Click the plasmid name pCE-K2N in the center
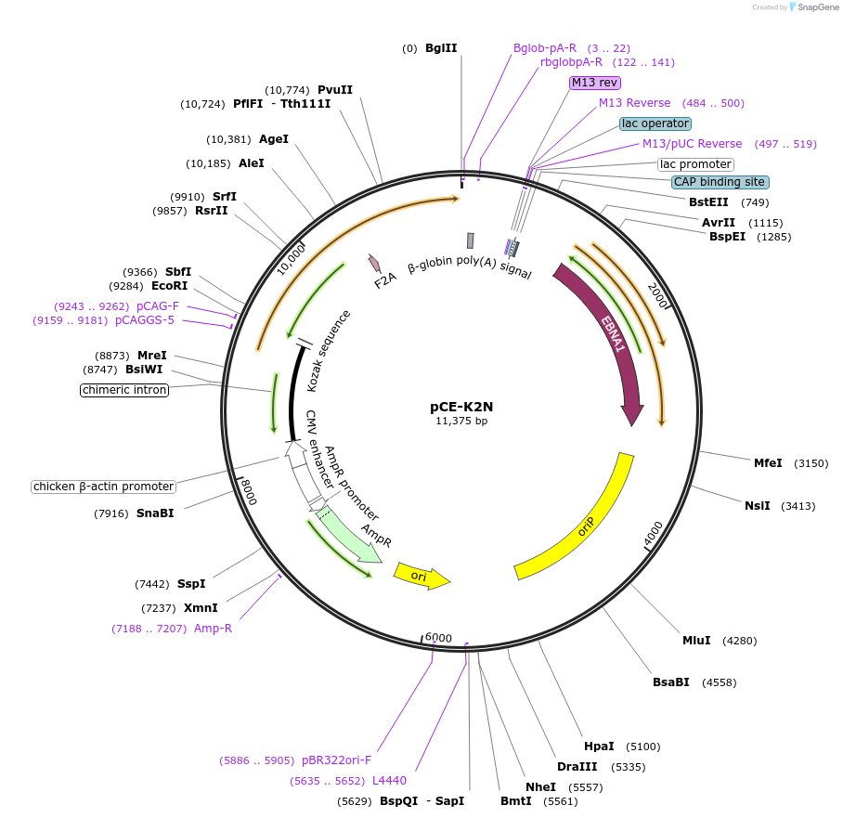click(x=460, y=407)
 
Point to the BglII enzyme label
click(x=441, y=48)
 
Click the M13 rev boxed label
click(x=595, y=83)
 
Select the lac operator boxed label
click(x=655, y=123)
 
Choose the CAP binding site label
click(x=720, y=182)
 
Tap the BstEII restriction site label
click(x=708, y=202)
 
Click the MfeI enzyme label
click(x=768, y=462)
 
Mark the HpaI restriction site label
click(x=599, y=747)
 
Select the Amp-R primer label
click(x=213, y=629)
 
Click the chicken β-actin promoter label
click(x=103, y=487)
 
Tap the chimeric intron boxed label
click(x=124, y=390)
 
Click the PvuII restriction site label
click(x=335, y=90)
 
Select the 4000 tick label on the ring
click(x=654, y=533)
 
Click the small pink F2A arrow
click(x=374, y=264)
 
